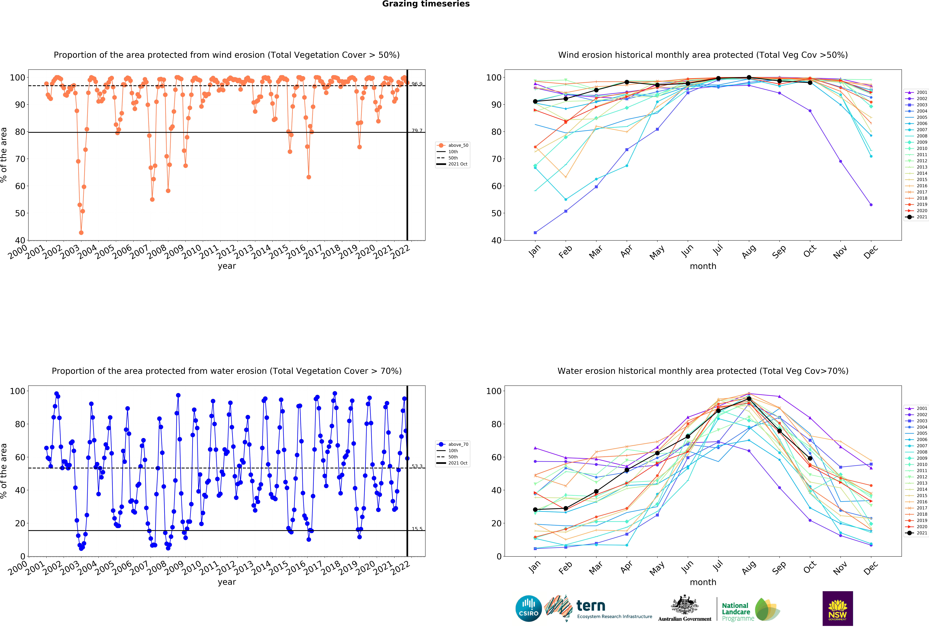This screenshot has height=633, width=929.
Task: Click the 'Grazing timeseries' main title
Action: coord(426,4)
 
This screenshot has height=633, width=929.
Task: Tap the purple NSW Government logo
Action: coord(837,608)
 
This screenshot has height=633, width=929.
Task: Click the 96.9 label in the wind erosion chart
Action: coord(417,84)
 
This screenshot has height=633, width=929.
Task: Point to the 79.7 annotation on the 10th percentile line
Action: coord(417,131)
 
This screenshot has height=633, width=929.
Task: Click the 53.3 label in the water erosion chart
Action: coord(417,466)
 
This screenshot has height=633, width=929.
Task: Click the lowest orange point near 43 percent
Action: coord(81,233)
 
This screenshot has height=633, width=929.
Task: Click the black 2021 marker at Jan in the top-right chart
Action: coord(535,101)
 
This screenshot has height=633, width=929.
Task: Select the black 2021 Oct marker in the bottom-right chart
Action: coord(810,458)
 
